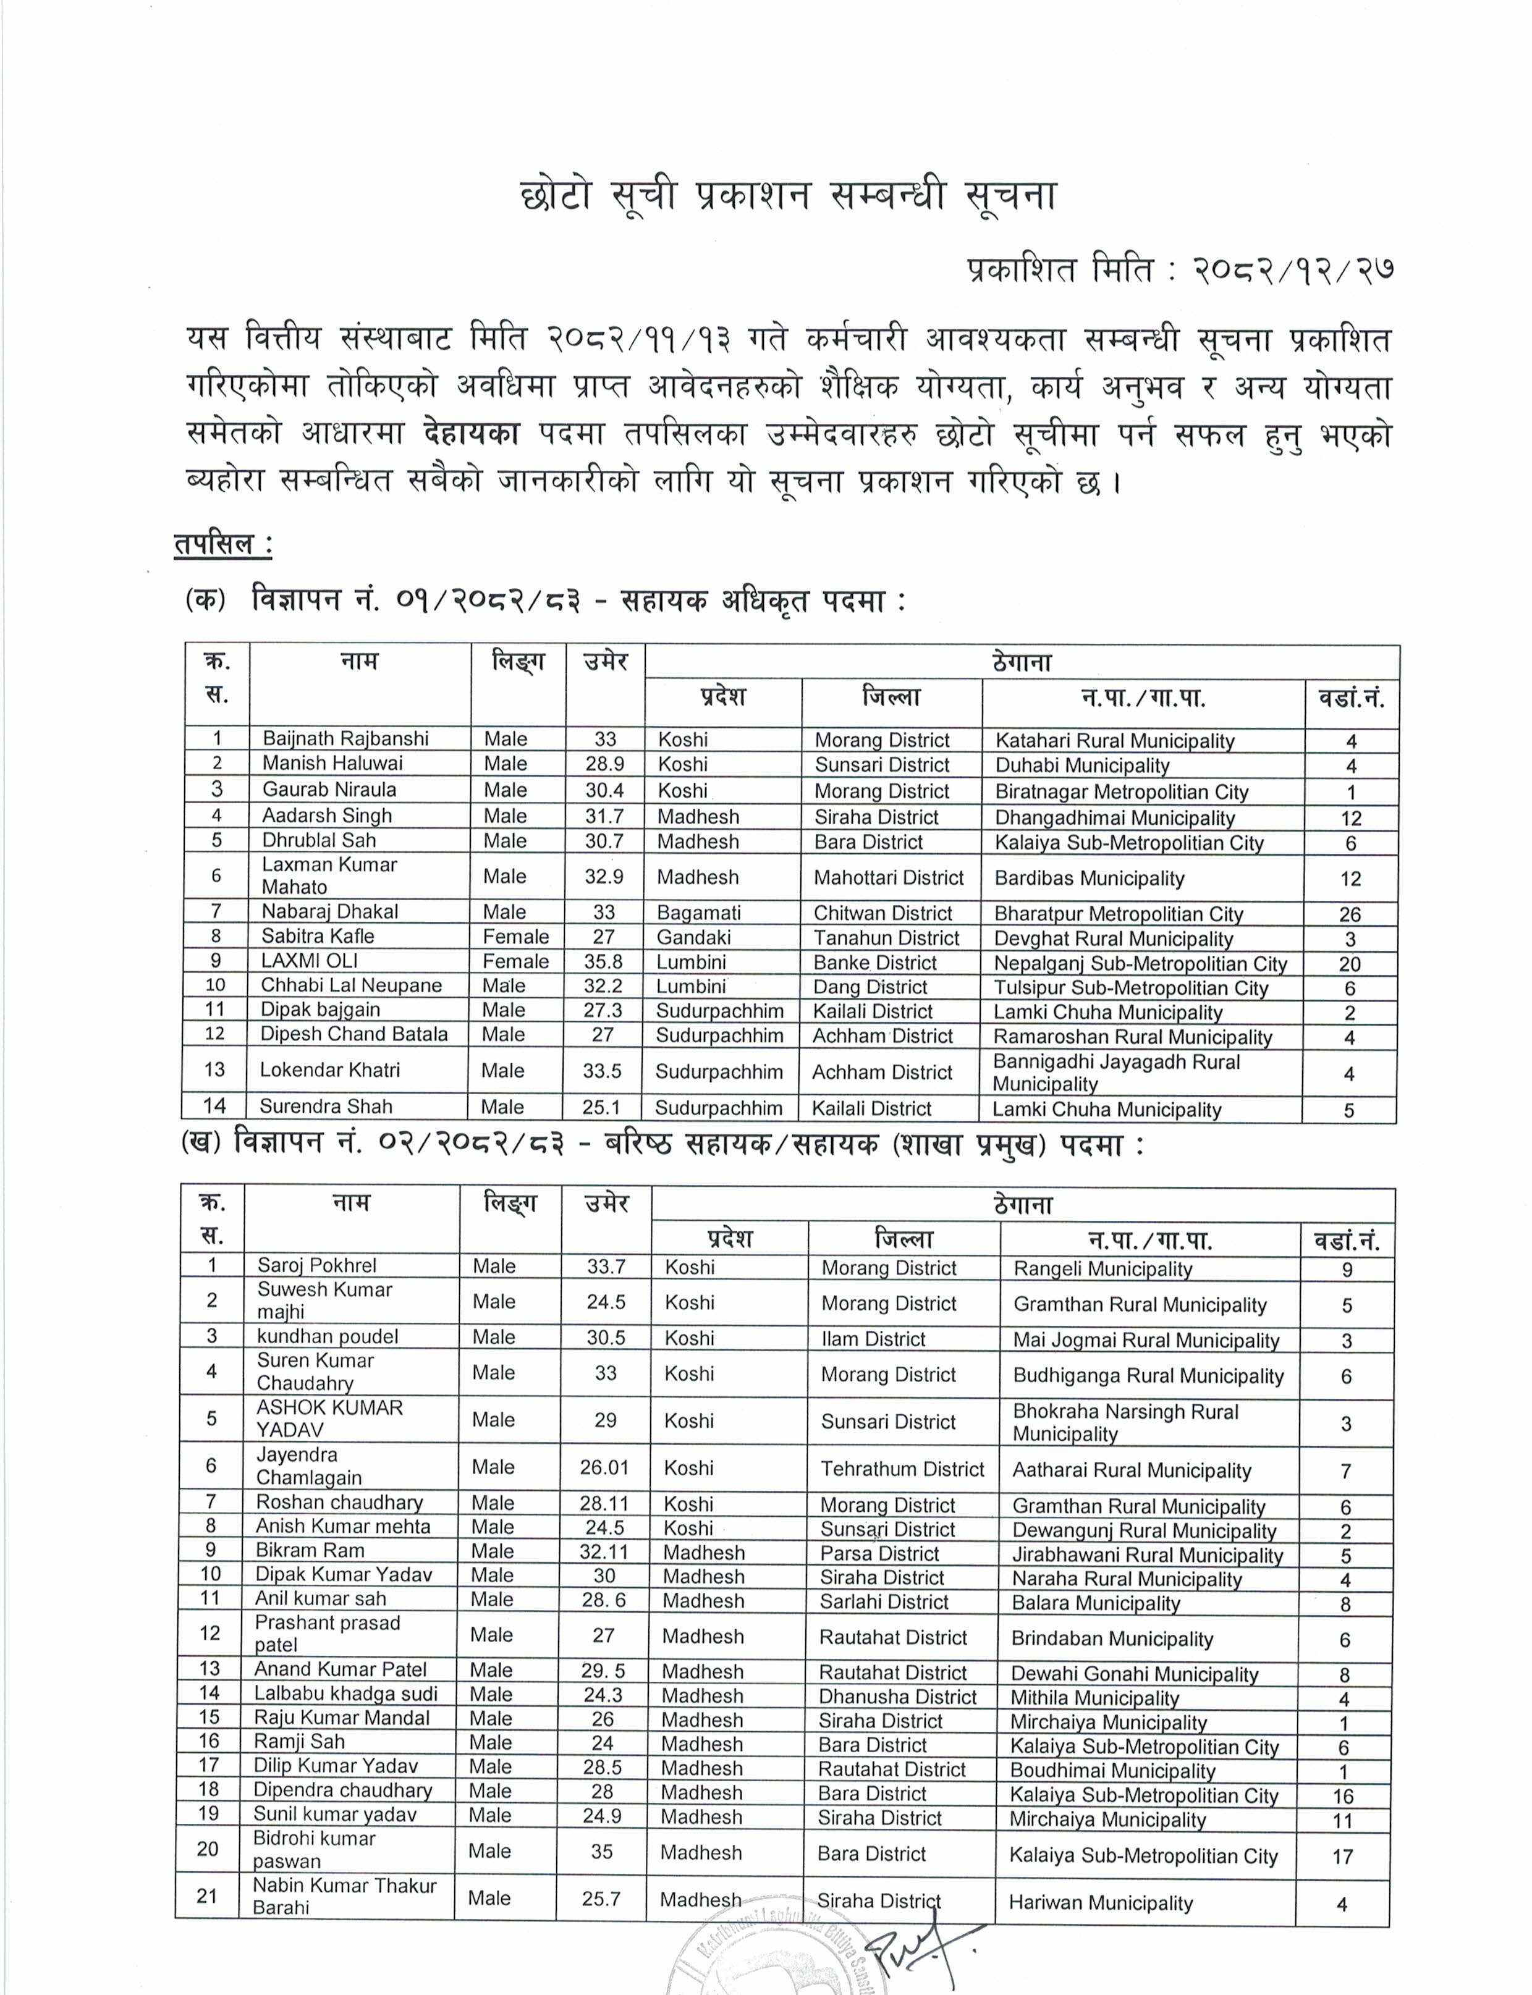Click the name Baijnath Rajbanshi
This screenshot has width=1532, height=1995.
click(345, 738)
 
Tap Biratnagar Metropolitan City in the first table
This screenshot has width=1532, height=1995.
click(1121, 791)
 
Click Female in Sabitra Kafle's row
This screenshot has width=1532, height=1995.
click(515, 937)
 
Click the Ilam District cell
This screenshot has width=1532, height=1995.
click(873, 1338)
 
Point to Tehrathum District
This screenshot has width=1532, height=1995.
click(902, 1469)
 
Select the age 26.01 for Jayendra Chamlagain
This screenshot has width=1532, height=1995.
click(604, 1468)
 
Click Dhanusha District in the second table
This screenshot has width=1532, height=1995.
click(897, 1696)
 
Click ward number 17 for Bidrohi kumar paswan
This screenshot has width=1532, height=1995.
click(1342, 1857)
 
